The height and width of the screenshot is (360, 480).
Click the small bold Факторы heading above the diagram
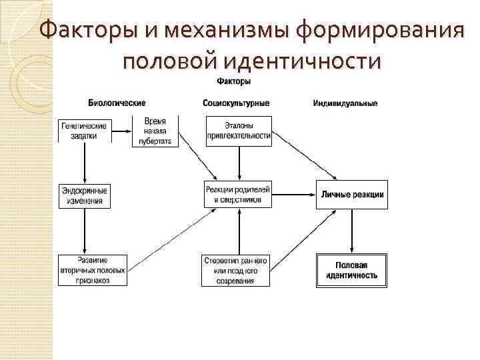tap(233, 81)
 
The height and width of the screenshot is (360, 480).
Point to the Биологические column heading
tap(117, 103)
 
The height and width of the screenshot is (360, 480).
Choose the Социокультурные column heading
tap(236, 103)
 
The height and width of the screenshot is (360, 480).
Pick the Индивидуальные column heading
tap(345, 103)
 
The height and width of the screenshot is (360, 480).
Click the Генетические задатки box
tap(84, 131)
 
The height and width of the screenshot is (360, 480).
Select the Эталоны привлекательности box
tap(238, 131)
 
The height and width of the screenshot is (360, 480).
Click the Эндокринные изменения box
tap(84, 195)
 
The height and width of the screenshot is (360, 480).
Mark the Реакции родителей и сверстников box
tap(238, 195)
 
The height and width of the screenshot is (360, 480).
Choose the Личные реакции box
tap(351, 195)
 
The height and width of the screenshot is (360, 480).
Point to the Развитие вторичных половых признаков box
tap(93, 270)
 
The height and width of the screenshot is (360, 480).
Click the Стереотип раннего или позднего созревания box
tap(237, 270)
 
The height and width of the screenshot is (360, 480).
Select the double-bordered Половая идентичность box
tap(351, 270)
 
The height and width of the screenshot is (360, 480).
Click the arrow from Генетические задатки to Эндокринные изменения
tap(84, 163)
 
